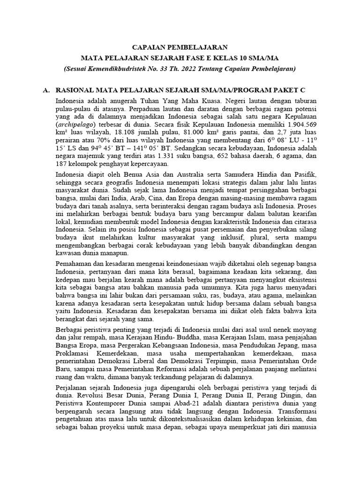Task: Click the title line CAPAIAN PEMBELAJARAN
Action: (180, 47)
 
